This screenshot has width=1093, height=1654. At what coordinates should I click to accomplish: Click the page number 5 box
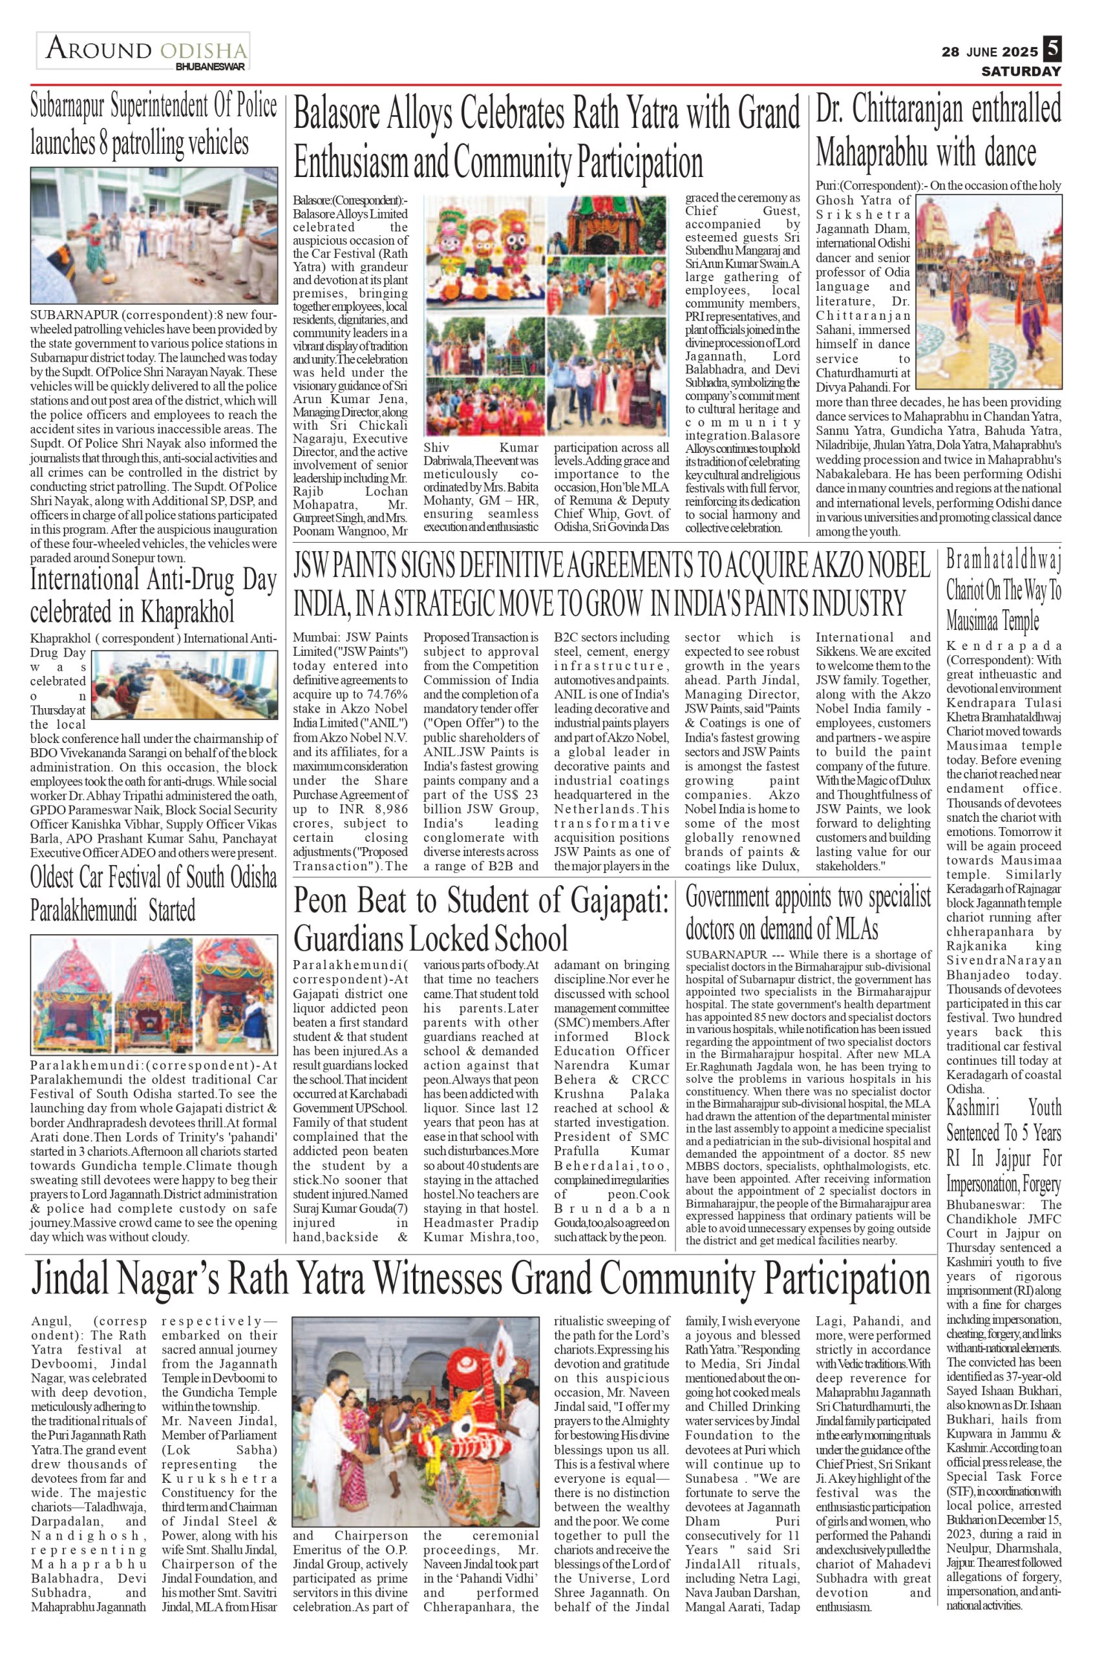[x=1052, y=50]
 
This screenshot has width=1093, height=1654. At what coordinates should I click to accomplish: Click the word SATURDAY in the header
[x=1021, y=71]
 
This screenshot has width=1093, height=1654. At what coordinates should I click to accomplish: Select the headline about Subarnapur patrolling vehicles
[x=153, y=125]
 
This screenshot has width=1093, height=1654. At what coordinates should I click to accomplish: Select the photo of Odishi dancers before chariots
[x=989, y=291]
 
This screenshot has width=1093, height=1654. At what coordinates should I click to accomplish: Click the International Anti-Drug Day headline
[x=153, y=596]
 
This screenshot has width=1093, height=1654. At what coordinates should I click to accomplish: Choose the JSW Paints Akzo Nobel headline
[x=611, y=584]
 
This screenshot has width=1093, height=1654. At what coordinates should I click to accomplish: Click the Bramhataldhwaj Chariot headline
[x=1003, y=589]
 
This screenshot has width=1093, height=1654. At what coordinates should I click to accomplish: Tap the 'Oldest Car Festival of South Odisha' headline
[x=153, y=894]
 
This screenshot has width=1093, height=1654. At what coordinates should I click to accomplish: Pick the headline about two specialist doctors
[x=808, y=912]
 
